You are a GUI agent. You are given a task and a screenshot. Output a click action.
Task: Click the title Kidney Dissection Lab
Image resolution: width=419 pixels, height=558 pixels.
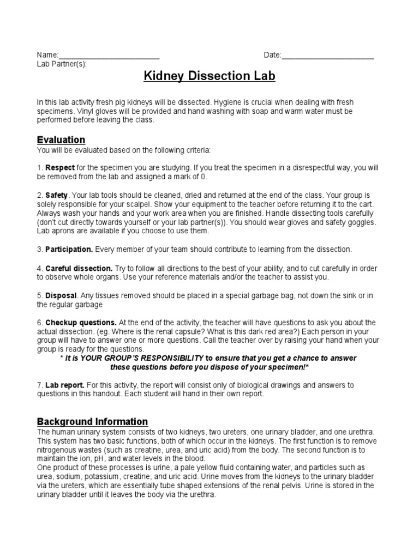tap(209, 76)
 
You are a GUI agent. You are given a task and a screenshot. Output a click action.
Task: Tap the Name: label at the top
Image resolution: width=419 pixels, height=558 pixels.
tap(47, 55)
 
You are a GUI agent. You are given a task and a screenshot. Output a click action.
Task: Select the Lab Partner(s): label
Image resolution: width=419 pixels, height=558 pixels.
tap(61, 63)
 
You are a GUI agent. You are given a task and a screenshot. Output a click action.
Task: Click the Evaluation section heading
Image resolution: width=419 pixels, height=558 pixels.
tap(61, 140)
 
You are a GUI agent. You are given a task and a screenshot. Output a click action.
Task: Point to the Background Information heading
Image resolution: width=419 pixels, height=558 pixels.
tap(92, 421)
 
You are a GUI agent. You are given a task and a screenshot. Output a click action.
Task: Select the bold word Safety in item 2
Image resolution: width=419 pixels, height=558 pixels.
tap(56, 195)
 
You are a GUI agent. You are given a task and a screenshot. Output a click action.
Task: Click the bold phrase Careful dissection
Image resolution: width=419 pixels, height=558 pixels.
tap(79, 269)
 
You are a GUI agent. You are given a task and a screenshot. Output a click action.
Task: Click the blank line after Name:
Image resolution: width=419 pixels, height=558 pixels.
tap(109, 55)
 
